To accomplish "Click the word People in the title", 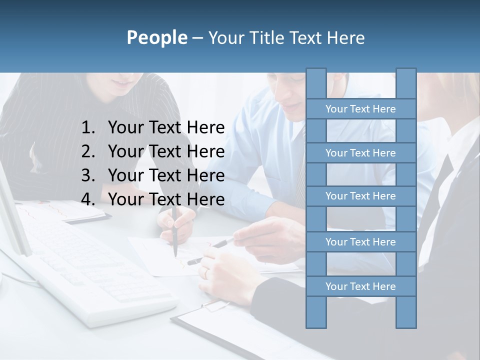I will (x=156, y=37).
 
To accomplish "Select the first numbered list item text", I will (x=166, y=128).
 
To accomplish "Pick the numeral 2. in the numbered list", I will (x=88, y=151).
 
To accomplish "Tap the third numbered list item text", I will (x=166, y=175).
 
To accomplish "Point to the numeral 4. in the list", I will (x=88, y=199).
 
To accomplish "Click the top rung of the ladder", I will (x=360, y=109).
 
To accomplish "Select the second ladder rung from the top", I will (x=360, y=153).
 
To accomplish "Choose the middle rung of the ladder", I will (x=360, y=196).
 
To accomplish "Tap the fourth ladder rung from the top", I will (x=360, y=242).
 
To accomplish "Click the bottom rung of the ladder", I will (x=360, y=286).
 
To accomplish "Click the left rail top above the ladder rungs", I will (x=316, y=83).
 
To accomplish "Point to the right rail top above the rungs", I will (x=406, y=83).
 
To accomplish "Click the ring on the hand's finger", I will (x=205, y=272).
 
